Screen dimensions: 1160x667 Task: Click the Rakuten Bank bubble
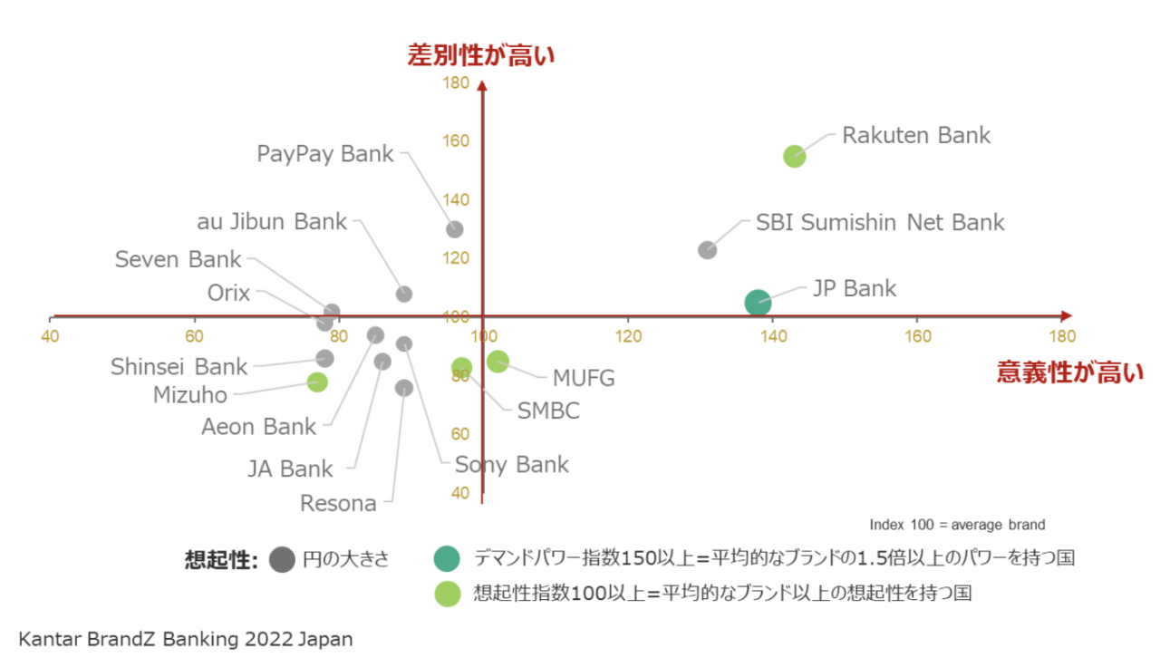point(795,156)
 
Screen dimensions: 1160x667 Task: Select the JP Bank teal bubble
point(758,303)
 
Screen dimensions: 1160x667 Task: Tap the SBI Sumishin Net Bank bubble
point(707,250)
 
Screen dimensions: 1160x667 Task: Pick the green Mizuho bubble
point(317,382)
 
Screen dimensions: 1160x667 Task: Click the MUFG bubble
point(498,361)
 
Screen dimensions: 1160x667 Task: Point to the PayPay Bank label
point(325,154)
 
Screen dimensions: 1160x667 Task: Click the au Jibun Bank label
point(272,222)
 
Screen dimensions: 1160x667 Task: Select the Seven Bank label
point(179,259)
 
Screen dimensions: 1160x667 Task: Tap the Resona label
point(338,503)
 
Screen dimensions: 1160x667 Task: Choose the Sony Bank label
point(512,465)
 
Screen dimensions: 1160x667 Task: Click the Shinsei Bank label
point(179,367)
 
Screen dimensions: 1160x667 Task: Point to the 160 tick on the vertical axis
point(456,140)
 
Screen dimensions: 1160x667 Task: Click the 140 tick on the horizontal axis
point(773,336)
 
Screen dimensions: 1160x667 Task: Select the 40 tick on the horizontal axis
point(50,336)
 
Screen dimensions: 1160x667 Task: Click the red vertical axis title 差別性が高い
point(481,55)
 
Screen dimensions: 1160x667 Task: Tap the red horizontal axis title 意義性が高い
point(1070,372)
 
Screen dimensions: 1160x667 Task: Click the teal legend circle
point(447,559)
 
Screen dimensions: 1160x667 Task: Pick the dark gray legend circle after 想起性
point(282,560)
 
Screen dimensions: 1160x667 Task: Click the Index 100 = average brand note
point(957,525)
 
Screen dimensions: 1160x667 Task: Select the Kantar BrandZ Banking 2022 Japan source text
point(186,639)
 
